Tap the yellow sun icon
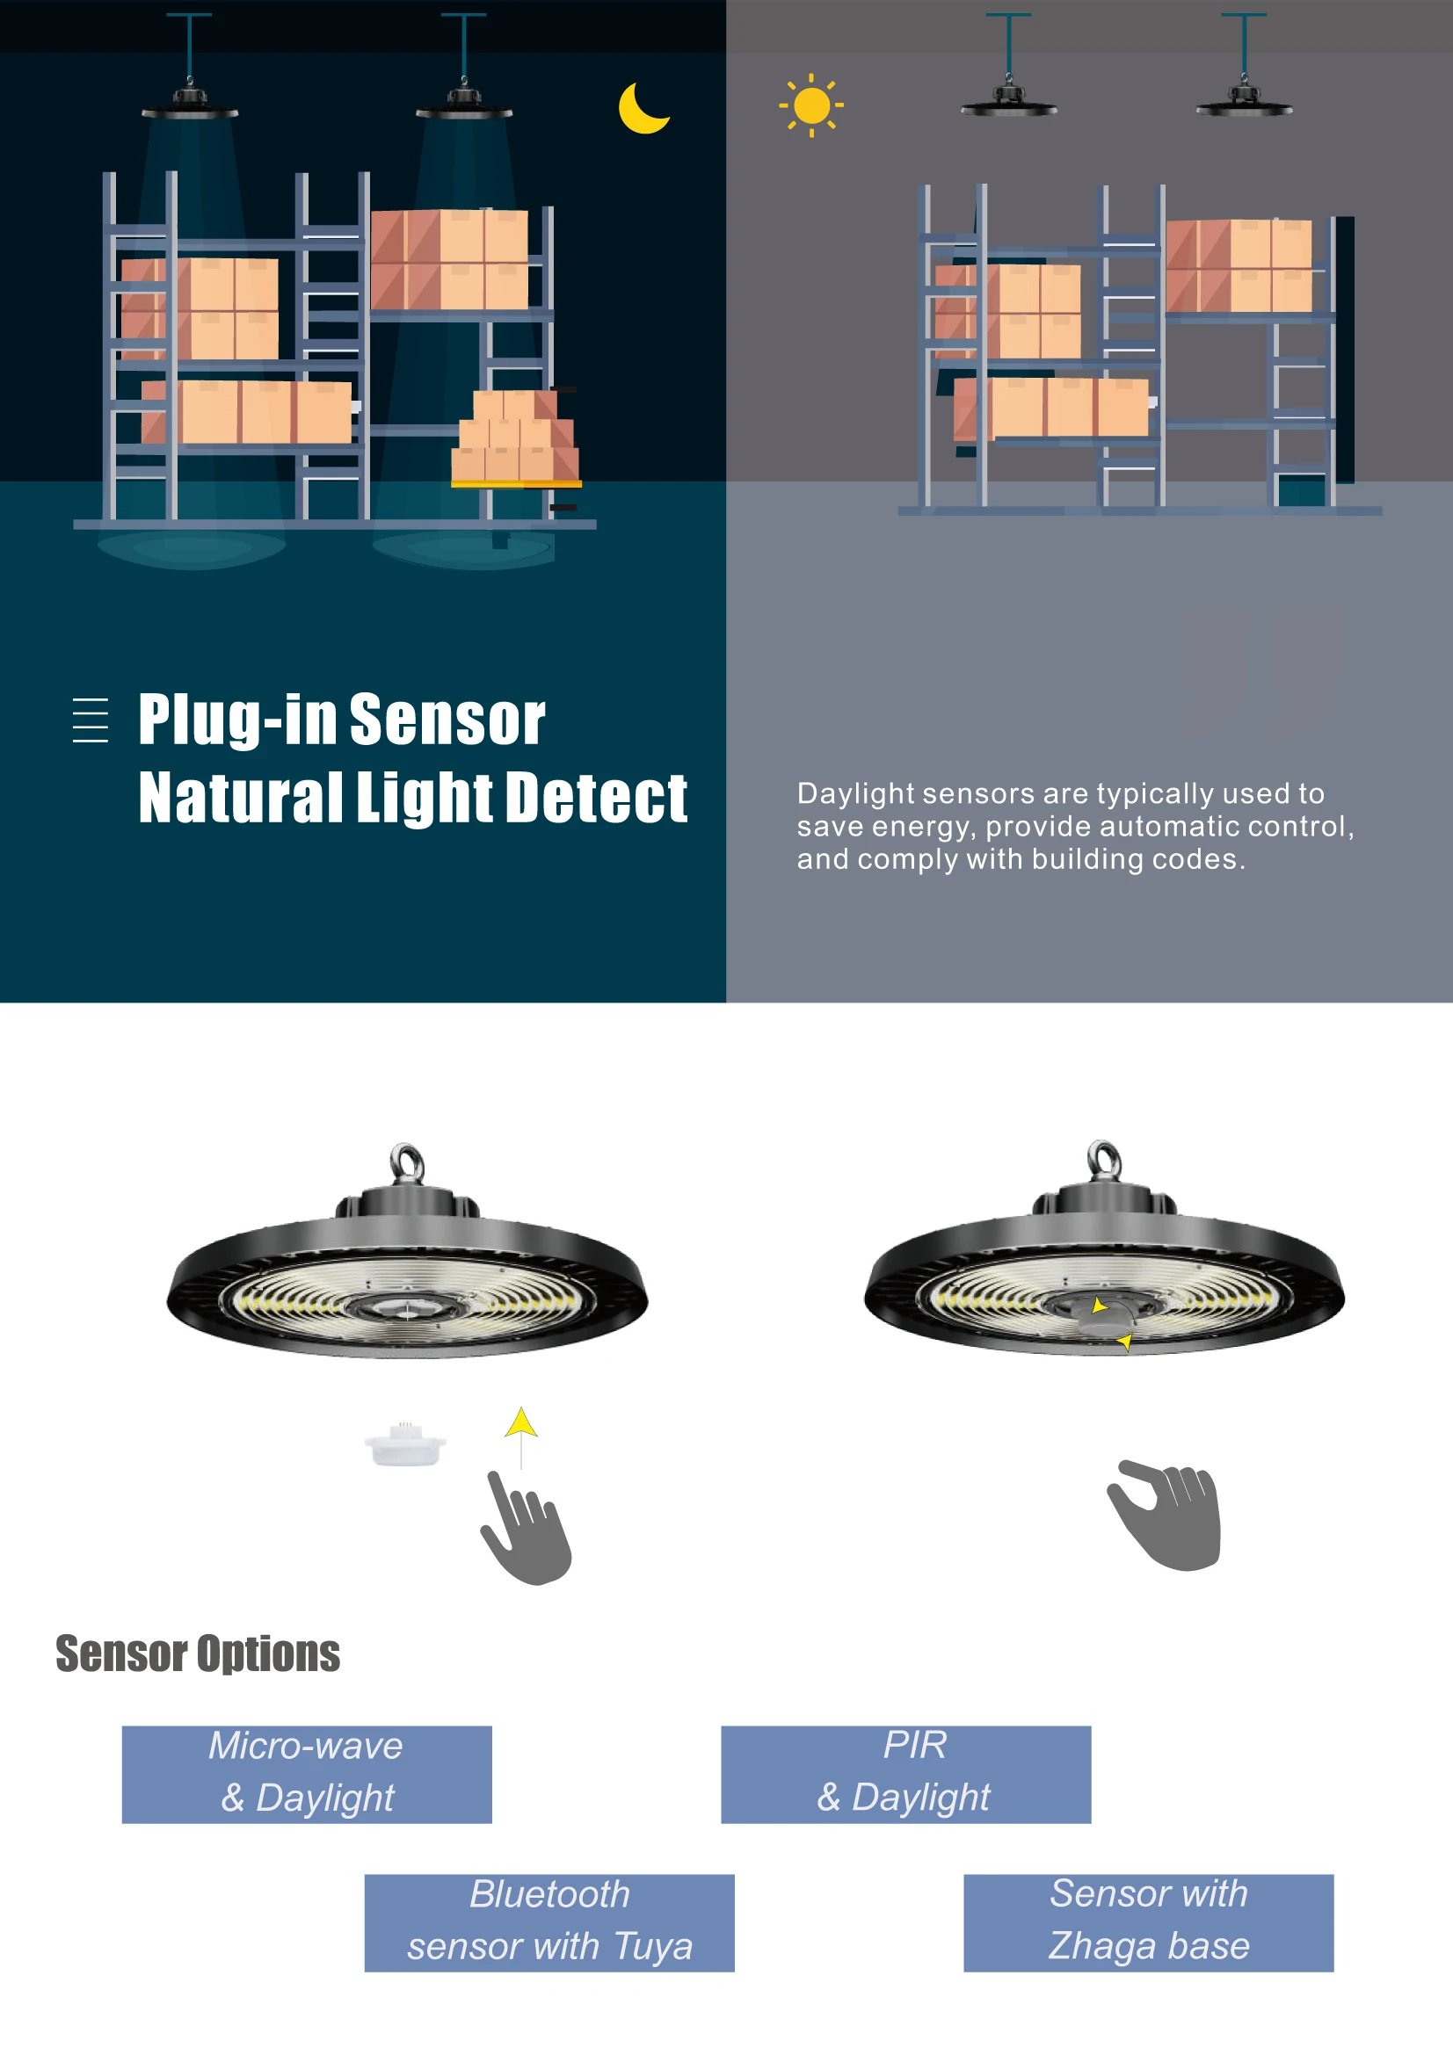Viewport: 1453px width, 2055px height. (811, 105)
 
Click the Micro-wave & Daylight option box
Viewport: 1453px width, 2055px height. (306, 1773)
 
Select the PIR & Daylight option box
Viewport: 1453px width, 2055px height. (905, 1773)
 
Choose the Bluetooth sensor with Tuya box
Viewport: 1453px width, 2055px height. (549, 1921)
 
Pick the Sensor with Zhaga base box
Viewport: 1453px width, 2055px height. (1148, 1921)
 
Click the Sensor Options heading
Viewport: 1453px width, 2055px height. (198, 1653)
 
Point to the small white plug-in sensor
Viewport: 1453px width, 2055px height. (405, 1444)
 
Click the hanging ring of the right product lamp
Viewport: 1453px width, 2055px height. (1104, 1159)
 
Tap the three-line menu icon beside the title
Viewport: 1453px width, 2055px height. (91, 720)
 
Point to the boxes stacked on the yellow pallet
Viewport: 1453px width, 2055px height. (515, 438)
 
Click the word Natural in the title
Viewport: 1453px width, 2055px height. (240, 798)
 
